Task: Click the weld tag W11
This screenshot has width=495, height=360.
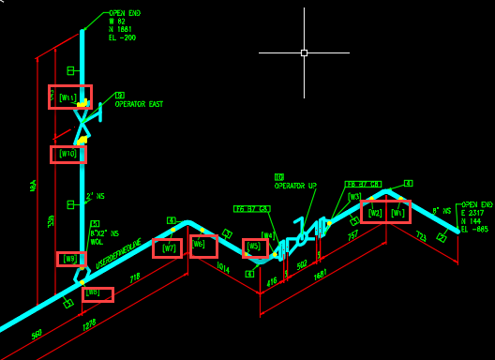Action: pyautogui.click(x=69, y=97)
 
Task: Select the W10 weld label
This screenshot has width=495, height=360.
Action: pyautogui.click(x=67, y=154)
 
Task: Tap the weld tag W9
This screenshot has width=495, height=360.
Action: pyautogui.click(x=70, y=259)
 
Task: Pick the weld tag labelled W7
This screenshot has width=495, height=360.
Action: pyautogui.click(x=168, y=248)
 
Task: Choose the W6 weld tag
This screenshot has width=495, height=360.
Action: pyautogui.click(x=202, y=246)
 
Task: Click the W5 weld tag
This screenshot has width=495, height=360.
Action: pyautogui.click(x=254, y=248)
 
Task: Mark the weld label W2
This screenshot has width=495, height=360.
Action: pyautogui.click(x=375, y=213)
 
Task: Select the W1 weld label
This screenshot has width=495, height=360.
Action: pyautogui.click(x=398, y=213)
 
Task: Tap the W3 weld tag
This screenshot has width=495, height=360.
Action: pyautogui.click(x=354, y=197)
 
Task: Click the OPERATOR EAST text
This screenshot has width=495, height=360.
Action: pyautogui.click(x=139, y=104)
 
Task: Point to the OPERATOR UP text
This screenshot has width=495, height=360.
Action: pyautogui.click(x=295, y=186)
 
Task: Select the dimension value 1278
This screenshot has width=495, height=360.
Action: pyautogui.click(x=90, y=323)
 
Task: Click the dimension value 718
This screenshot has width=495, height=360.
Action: pyautogui.click(x=134, y=278)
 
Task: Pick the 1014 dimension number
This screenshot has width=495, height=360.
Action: pyautogui.click(x=222, y=268)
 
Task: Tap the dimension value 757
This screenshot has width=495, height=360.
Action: pyautogui.click(x=352, y=235)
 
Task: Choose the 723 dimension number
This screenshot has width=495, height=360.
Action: pyautogui.click(x=421, y=237)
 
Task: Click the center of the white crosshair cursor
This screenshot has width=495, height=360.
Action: pyautogui.click(x=304, y=52)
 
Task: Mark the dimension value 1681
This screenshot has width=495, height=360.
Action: pyautogui.click(x=320, y=275)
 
